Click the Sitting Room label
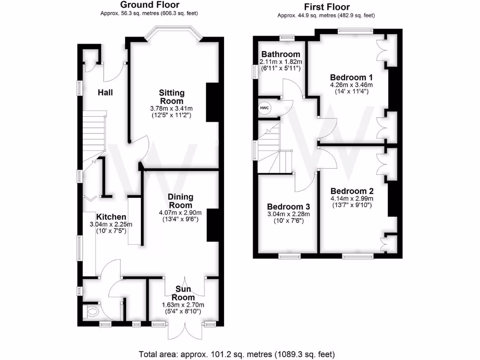coord(171,97)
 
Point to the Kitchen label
coord(111,217)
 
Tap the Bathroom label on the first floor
coord(281,54)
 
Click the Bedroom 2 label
coord(352,191)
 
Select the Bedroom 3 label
coord(288,207)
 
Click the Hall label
coord(105,92)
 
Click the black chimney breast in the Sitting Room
coord(213,102)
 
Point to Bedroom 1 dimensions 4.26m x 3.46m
coord(351,85)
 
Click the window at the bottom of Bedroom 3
coord(289,256)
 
